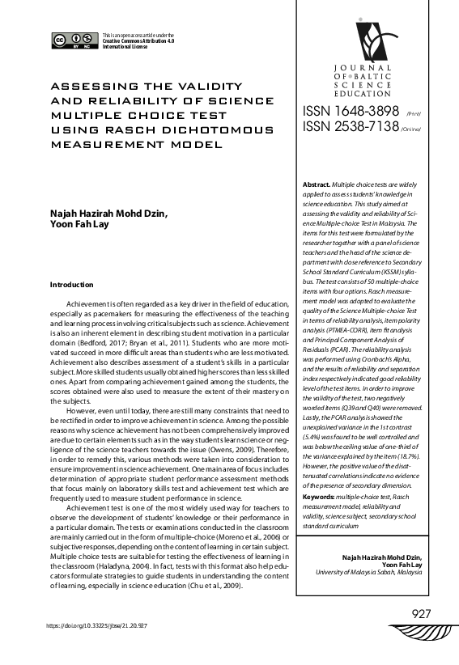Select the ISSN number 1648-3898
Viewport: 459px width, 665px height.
351,111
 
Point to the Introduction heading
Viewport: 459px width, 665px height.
72,285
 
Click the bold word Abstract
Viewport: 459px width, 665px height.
317,184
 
